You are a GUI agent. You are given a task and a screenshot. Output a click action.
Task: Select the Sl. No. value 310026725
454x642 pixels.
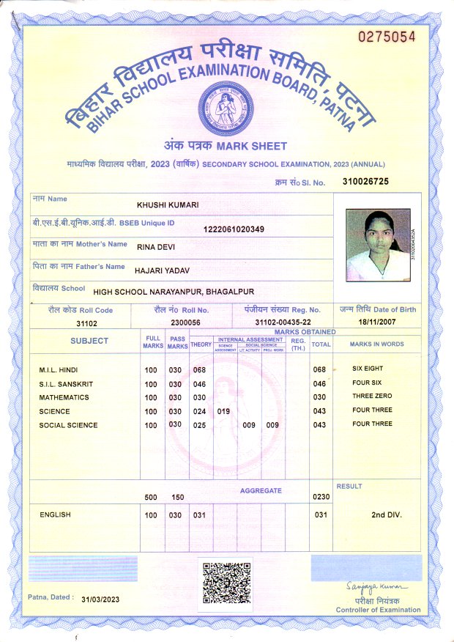[x=365, y=181]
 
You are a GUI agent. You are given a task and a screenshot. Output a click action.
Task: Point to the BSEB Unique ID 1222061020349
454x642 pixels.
[x=234, y=229]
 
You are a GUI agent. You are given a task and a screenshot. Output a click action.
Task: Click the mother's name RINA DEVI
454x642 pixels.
[x=156, y=247]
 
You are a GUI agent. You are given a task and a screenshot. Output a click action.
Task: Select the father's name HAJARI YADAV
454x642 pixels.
[x=163, y=270]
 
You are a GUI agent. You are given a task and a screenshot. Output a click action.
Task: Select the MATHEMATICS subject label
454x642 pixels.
[x=64, y=397]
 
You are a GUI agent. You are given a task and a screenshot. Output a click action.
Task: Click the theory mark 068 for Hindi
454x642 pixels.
[x=199, y=369]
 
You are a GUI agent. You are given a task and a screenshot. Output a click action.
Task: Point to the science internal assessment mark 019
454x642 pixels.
[x=224, y=411]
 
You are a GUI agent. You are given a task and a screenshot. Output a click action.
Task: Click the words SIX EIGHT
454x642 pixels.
[x=368, y=369]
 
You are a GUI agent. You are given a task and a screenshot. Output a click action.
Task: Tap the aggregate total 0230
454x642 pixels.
[x=321, y=497]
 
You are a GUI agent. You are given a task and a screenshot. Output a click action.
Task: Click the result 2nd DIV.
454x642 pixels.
[x=387, y=515]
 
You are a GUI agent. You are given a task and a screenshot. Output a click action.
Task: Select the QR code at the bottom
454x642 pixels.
[x=226, y=583]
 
